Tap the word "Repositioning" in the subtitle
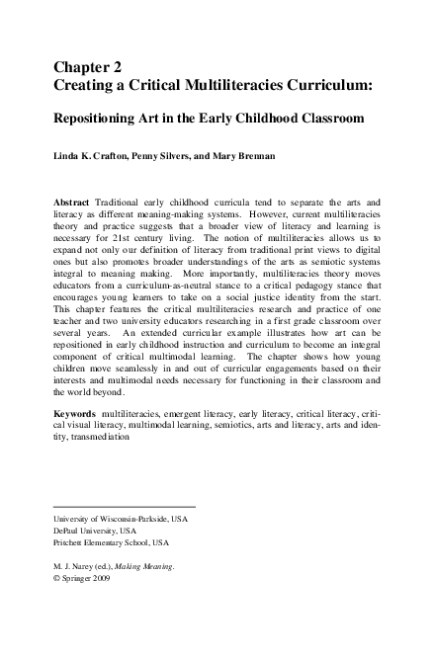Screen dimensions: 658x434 [x=103, y=119]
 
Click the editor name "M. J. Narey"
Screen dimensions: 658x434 [x=73, y=566]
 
